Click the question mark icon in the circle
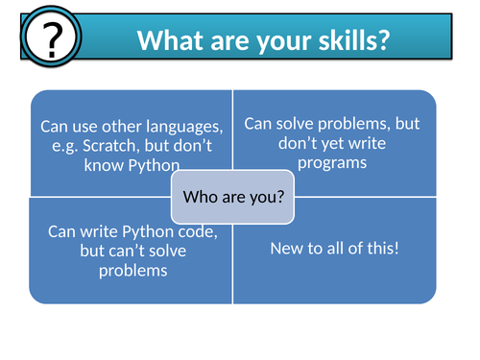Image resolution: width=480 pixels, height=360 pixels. coord(52,39)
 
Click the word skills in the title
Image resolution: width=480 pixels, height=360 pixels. coord(354,40)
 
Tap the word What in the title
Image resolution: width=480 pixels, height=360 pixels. coord(171,40)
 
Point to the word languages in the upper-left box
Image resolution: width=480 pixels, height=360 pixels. coord(184,127)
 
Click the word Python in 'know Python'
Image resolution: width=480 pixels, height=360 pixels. coord(154,166)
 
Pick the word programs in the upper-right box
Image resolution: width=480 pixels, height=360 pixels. coord(332,163)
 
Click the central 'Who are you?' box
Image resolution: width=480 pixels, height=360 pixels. coord(232,197)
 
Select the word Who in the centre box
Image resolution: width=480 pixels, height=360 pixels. coord(201,197)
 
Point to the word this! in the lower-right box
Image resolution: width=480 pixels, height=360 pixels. coord(383,248)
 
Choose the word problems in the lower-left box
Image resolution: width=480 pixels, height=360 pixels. coord(133,272)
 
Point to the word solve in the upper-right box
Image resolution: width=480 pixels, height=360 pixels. coord(295,124)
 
